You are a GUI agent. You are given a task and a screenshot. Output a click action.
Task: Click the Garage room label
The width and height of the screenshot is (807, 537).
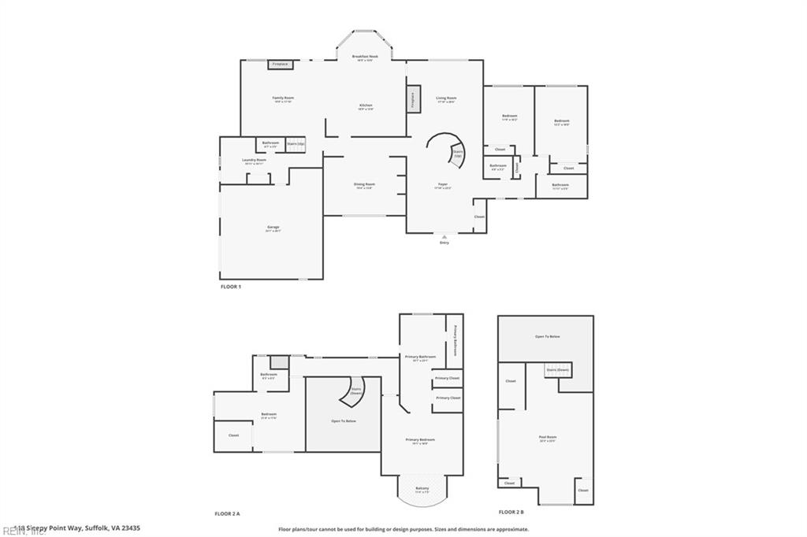(x=273, y=228)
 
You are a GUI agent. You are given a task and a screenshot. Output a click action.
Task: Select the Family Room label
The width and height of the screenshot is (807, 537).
(x=283, y=99)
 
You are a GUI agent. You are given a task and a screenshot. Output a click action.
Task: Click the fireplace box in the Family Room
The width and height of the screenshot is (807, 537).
(x=279, y=64)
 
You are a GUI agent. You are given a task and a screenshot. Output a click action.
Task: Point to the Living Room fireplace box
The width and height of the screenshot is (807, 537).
(x=411, y=99)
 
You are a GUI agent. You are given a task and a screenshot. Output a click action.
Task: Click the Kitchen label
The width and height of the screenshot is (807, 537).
(x=366, y=106)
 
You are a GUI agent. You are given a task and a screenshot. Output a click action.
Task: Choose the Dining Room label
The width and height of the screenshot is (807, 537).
(x=363, y=185)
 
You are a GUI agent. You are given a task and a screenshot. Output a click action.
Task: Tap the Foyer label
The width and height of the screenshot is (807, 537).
(x=443, y=185)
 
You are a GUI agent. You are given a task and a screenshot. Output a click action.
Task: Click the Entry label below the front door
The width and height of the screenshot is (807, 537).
(x=444, y=243)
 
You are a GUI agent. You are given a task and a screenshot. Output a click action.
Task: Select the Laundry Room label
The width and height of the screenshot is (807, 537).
(x=254, y=161)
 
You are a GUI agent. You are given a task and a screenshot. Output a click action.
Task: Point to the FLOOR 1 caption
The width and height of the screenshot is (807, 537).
(x=230, y=287)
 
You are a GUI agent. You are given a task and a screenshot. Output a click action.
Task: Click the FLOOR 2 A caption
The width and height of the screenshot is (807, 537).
(x=228, y=513)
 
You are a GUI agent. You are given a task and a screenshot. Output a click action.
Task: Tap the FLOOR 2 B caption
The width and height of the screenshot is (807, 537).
(x=511, y=513)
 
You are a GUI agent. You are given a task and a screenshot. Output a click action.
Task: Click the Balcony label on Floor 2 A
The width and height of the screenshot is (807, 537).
(x=422, y=489)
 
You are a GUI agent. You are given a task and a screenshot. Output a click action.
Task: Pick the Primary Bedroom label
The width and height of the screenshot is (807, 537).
(x=421, y=440)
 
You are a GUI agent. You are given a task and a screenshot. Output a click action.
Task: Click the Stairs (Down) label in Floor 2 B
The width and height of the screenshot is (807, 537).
(x=558, y=369)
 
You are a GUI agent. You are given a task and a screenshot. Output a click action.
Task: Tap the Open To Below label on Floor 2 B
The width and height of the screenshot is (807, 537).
(x=547, y=336)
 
